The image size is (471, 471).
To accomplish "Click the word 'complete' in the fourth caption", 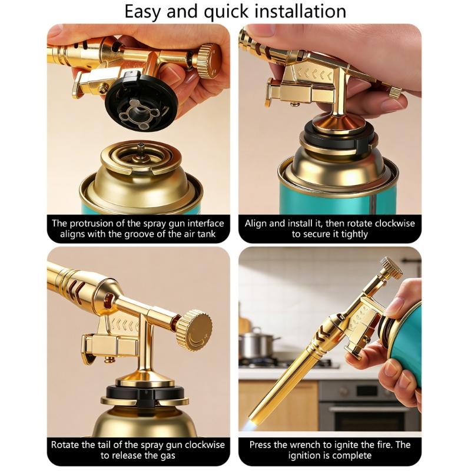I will click(353, 456).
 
